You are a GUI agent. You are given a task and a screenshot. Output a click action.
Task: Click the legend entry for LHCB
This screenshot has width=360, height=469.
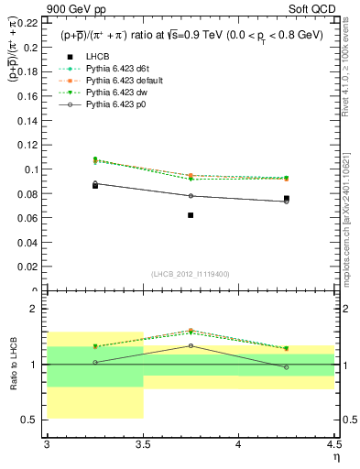click(x=99, y=57)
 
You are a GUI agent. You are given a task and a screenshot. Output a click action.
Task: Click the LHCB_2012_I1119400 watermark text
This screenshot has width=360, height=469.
click(x=191, y=274)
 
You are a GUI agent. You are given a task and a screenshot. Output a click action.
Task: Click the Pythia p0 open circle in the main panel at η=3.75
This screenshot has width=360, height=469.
click(x=191, y=196)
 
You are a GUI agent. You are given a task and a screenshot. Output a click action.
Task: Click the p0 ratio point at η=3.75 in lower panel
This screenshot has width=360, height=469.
click(x=191, y=345)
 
